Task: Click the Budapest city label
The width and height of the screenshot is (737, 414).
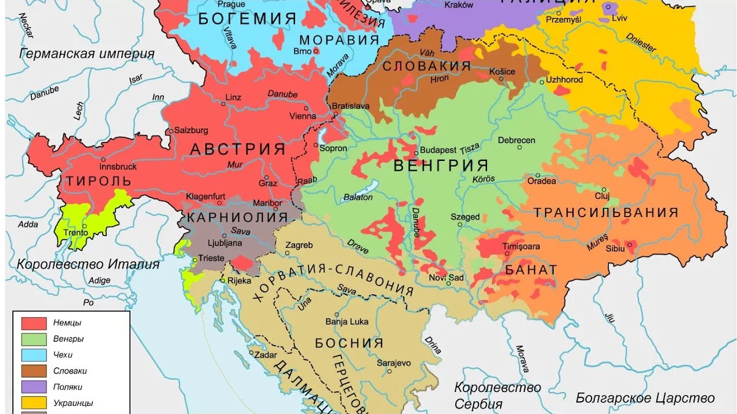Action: (x=438, y=149)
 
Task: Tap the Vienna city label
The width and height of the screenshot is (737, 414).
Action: (x=303, y=116)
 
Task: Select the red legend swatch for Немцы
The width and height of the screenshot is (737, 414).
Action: (x=34, y=323)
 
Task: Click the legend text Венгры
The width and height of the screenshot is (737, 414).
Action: (x=68, y=339)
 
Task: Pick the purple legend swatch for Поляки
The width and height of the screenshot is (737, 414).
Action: (x=34, y=387)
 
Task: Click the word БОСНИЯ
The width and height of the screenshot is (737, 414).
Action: (x=349, y=343)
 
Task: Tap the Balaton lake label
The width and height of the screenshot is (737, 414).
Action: (x=358, y=197)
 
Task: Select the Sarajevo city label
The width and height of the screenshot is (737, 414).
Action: (x=394, y=363)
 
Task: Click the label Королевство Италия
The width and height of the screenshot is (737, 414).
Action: (x=88, y=265)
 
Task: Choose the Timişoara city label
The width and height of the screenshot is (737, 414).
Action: (x=521, y=247)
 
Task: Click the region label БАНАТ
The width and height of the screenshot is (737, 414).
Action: (x=531, y=270)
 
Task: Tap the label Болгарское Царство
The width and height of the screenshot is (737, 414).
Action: (x=645, y=398)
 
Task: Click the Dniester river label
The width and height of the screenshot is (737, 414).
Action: (x=641, y=43)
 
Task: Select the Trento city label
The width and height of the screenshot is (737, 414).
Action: (x=76, y=233)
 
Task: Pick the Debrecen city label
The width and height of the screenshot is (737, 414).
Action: (x=516, y=140)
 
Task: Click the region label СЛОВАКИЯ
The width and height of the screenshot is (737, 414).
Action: (x=427, y=66)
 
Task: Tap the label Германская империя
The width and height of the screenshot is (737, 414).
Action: (x=87, y=54)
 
